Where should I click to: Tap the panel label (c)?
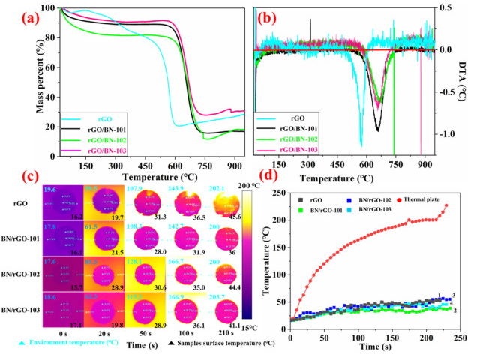(x=16, y=178)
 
